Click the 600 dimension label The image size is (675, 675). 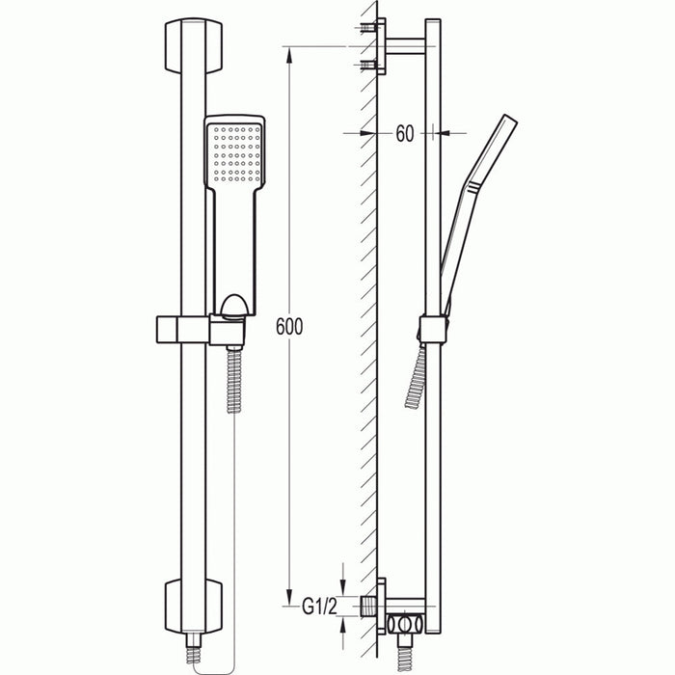[288, 327]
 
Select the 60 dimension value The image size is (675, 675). [403, 134]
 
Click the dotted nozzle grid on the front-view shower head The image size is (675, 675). [234, 153]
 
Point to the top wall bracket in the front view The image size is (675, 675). [193, 45]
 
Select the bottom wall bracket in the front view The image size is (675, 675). [193, 607]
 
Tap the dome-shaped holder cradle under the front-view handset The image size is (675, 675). [233, 308]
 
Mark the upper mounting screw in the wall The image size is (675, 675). [367, 29]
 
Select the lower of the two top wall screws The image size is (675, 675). [367, 65]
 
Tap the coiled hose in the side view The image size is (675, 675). [417, 375]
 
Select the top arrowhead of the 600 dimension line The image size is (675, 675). [288, 53]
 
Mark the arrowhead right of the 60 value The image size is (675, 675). [434, 133]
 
